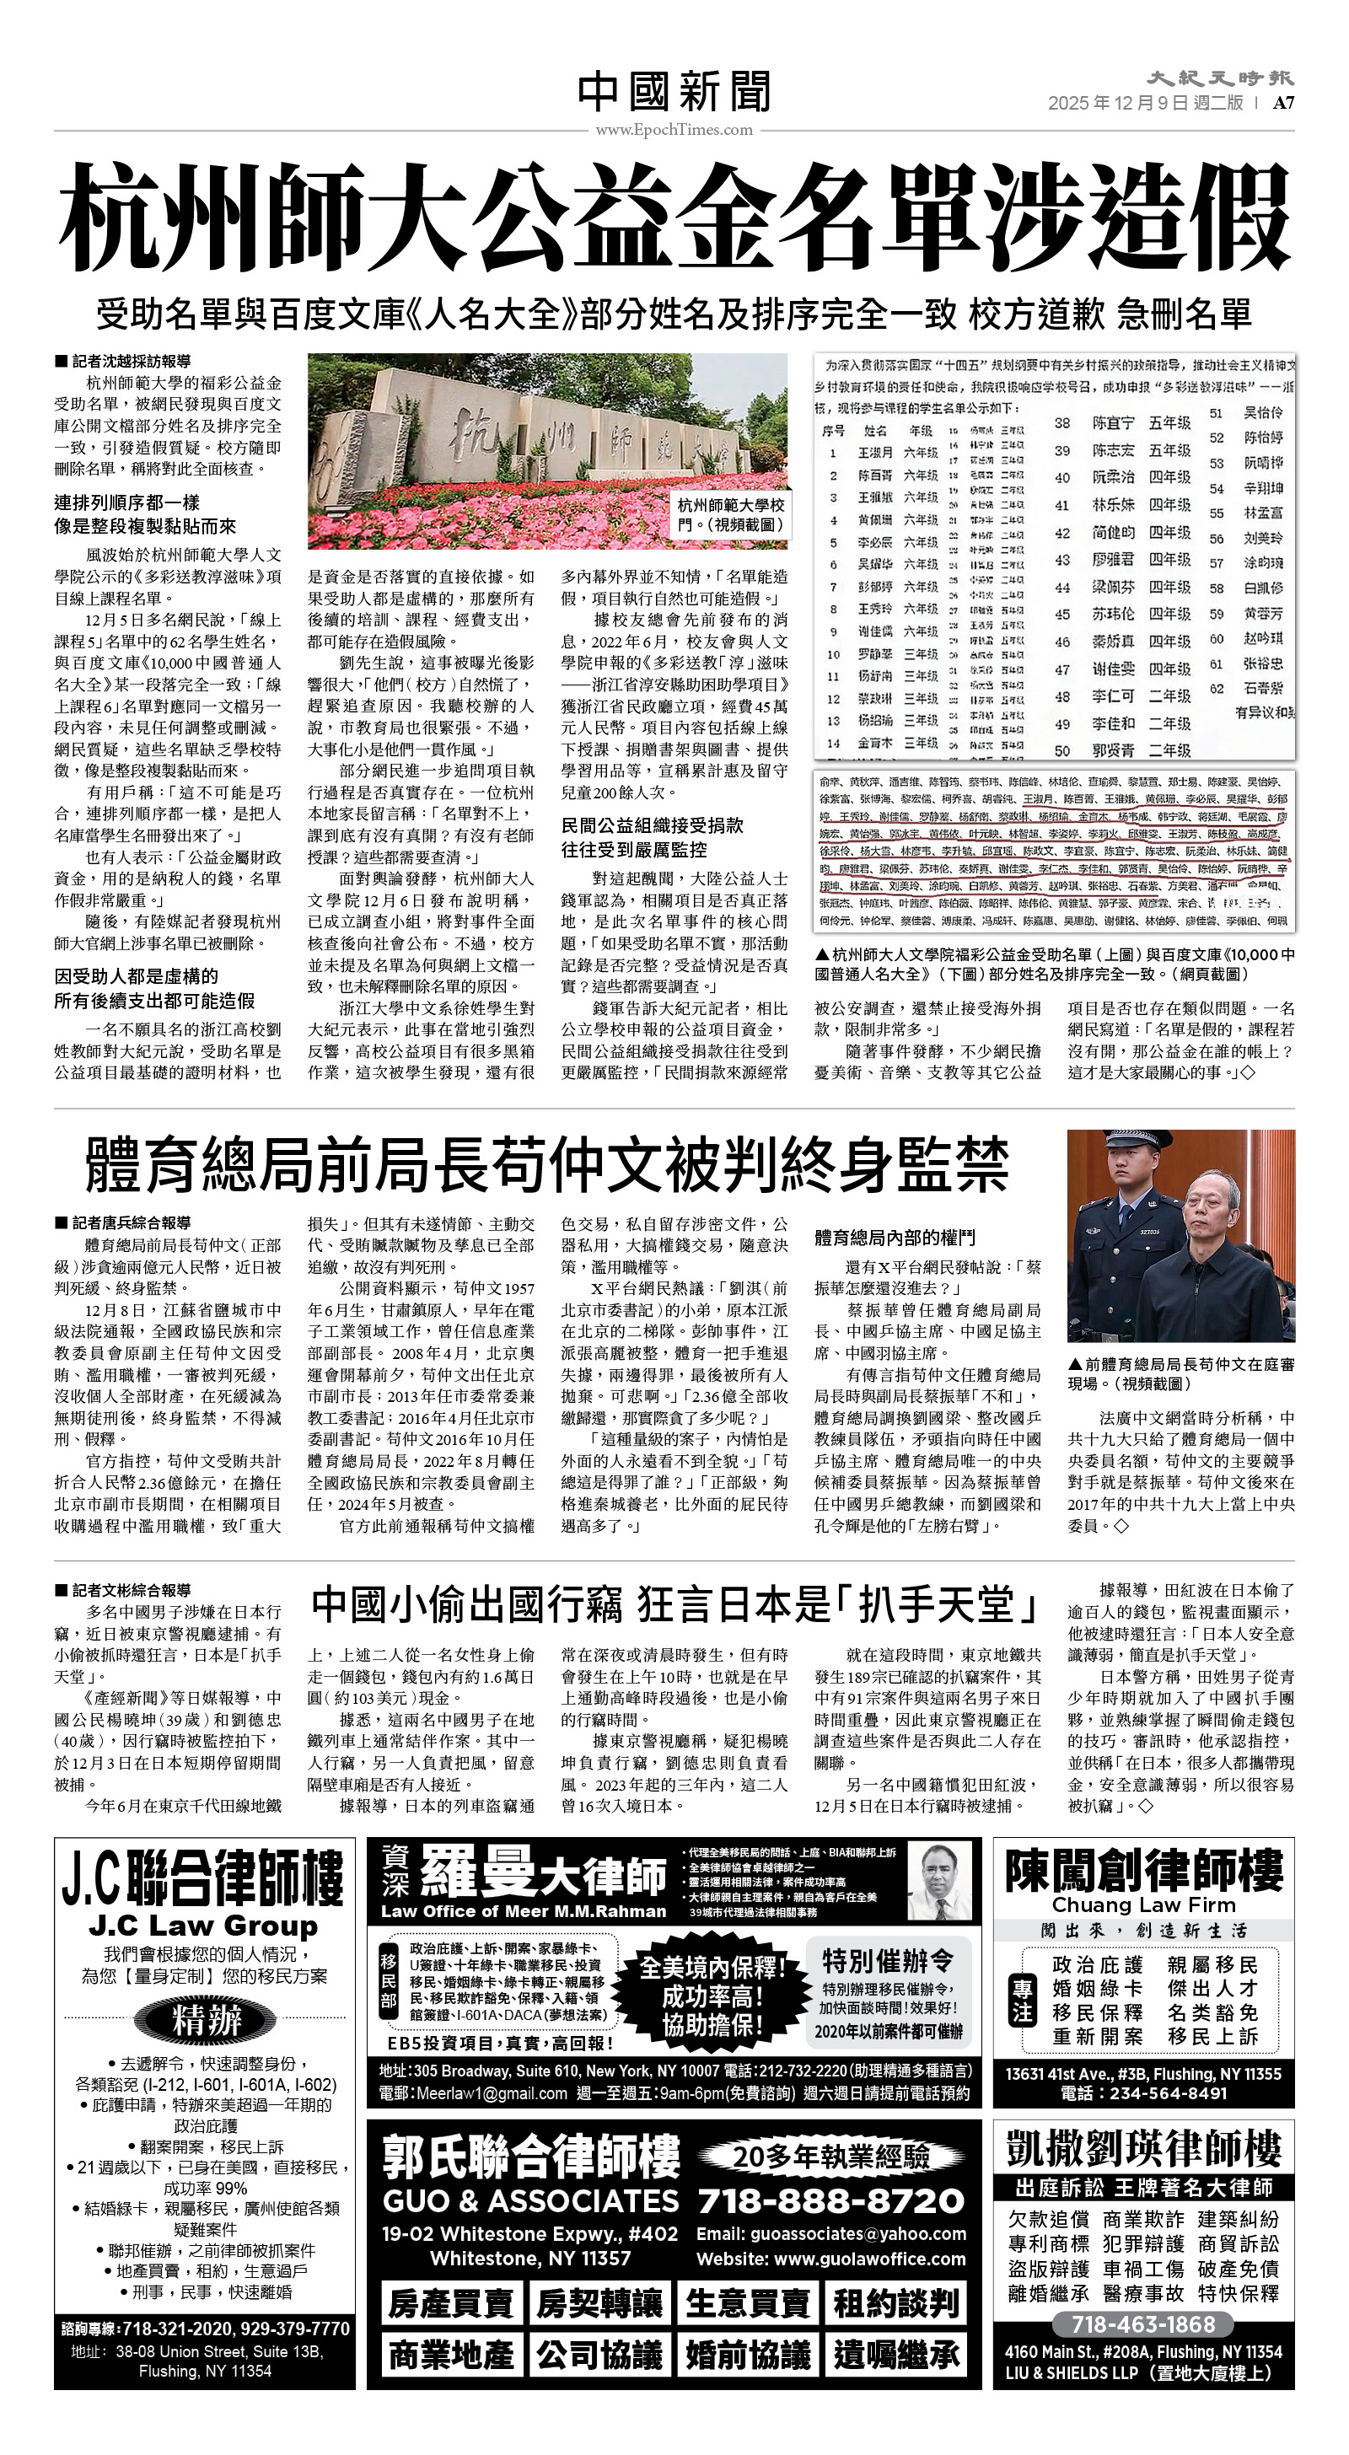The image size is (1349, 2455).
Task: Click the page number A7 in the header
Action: pyautogui.click(x=1283, y=103)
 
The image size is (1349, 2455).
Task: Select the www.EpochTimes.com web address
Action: pyautogui.click(x=674, y=130)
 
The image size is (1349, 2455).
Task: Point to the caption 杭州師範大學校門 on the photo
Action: pyautogui.click(x=731, y=514)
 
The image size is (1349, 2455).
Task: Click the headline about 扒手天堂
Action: pyautogui.click(x=674, y=1605)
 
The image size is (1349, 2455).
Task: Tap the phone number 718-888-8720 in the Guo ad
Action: pyautogui.click(x=831, y=2200)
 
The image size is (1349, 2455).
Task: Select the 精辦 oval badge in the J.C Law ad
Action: pyautogui.click(x=207, y=2019)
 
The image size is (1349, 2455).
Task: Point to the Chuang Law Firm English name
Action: pyautogui.click(x=1143, y=1904)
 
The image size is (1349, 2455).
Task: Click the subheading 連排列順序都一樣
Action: pyautogui.click(x=126, y=503)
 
